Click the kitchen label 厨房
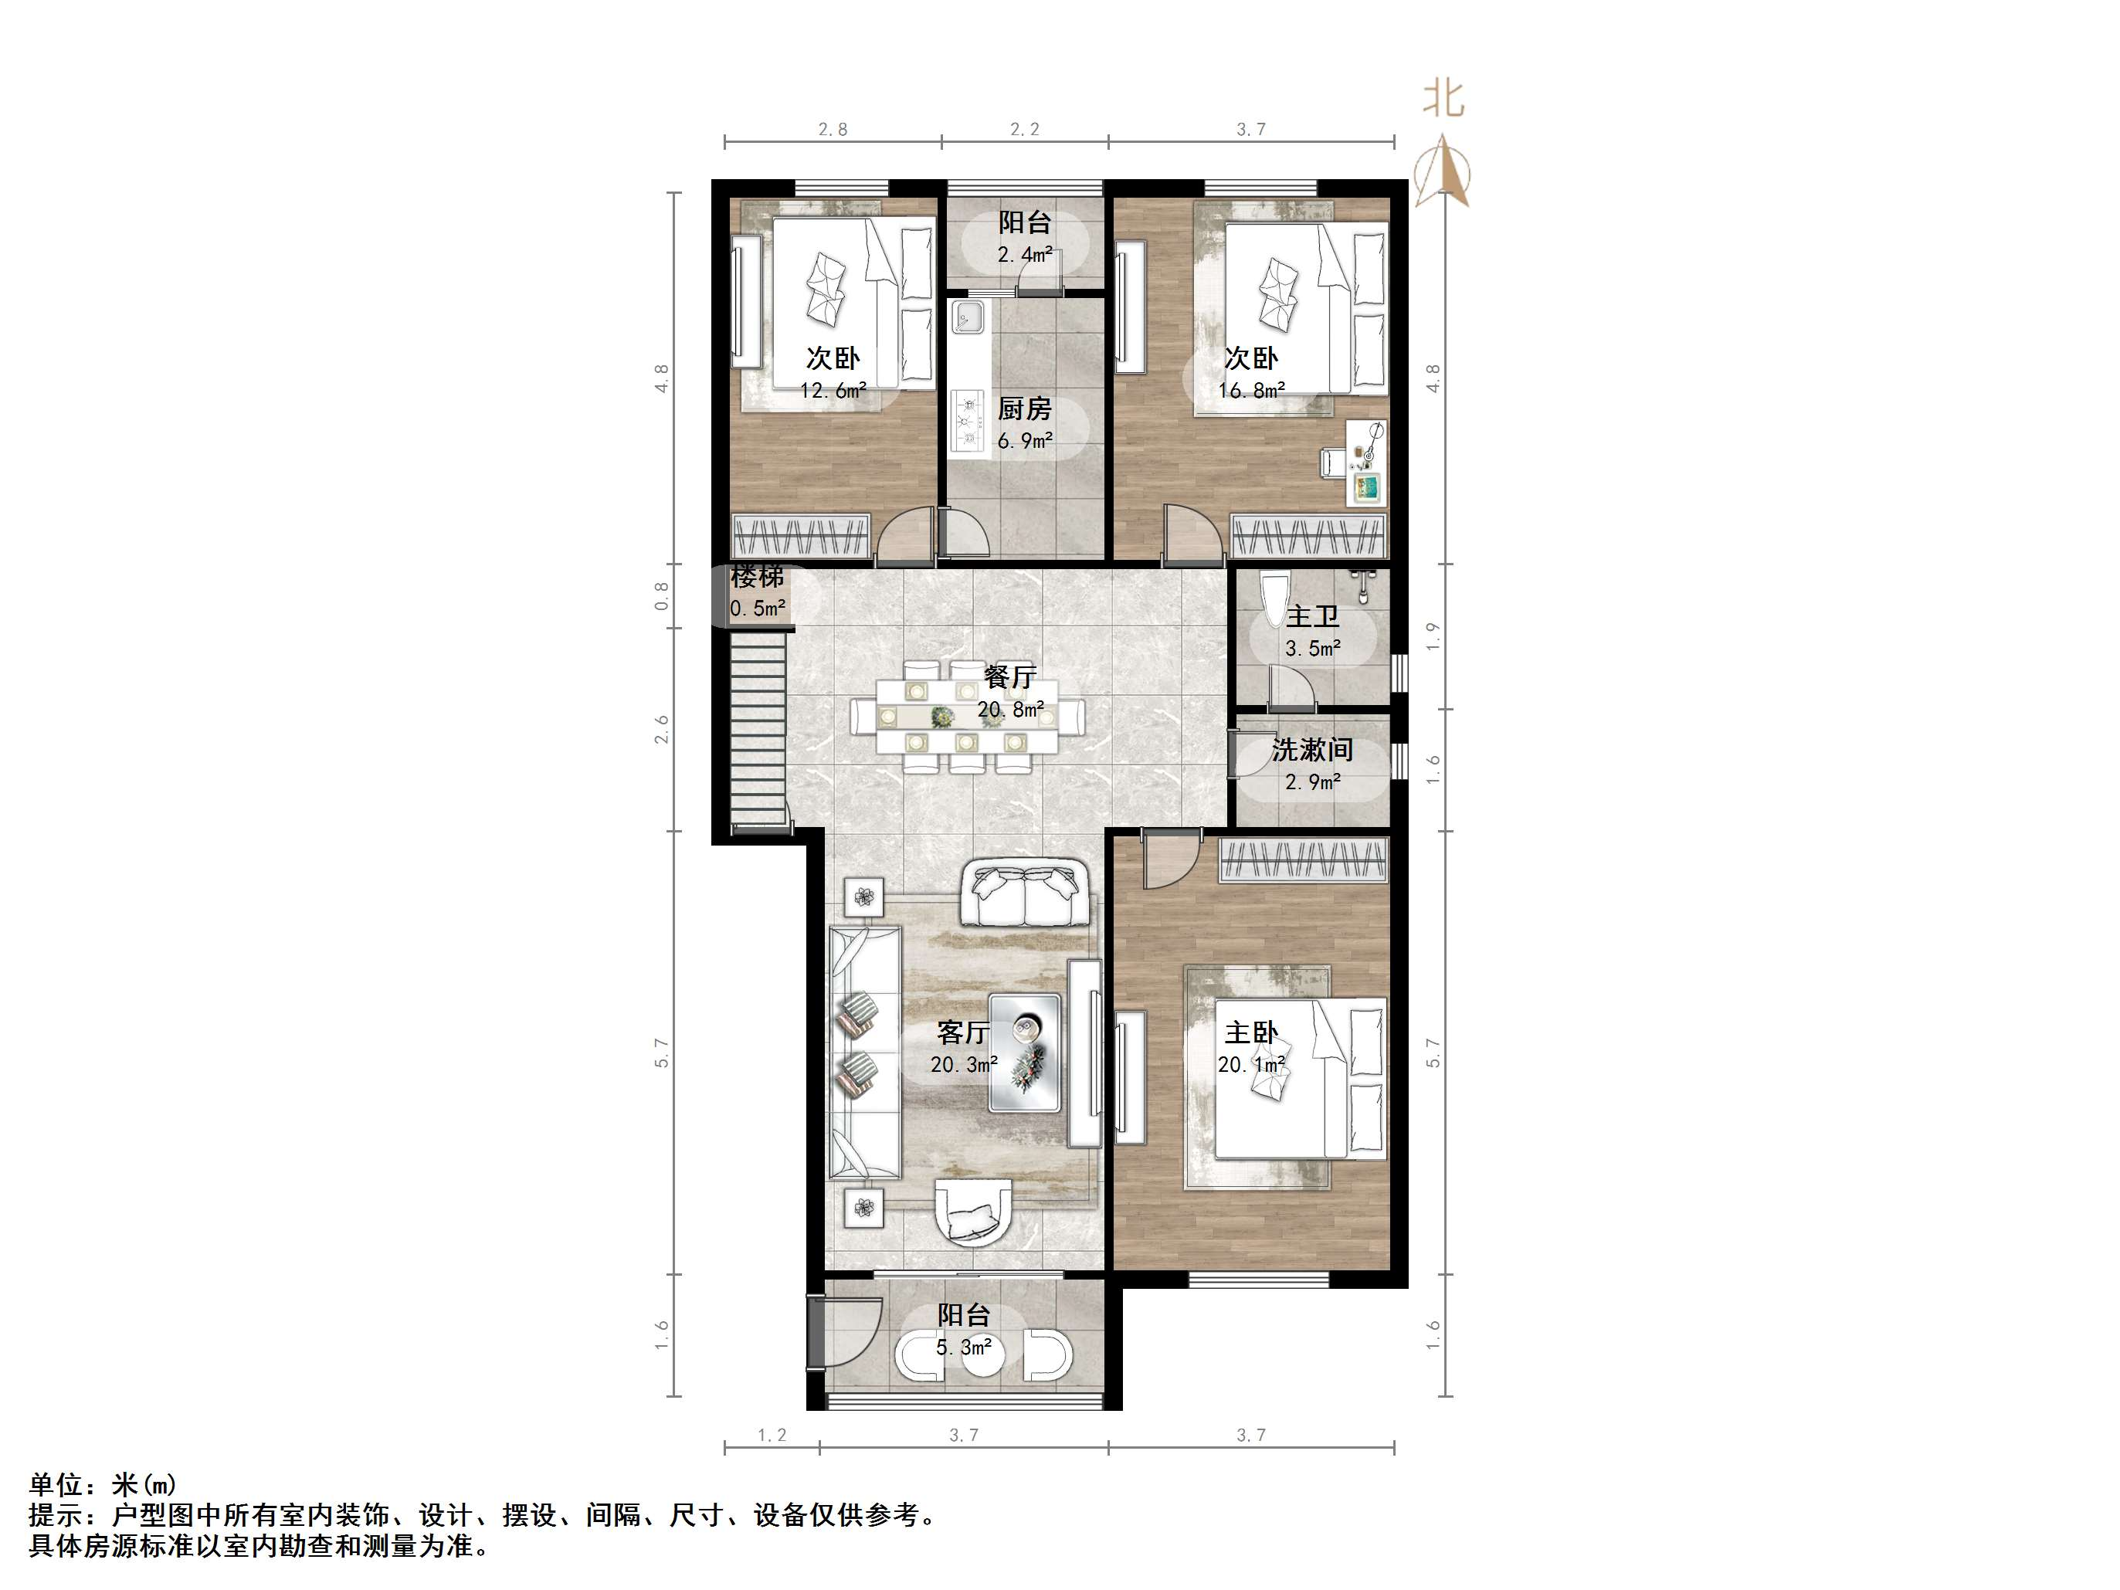[1025, 409]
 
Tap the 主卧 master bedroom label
[1250, 1032]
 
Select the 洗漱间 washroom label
[1312, 750]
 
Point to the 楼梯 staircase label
[757, 577]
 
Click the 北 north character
[1443, 99]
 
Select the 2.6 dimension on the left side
[661, 729]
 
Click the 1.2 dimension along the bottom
[772, 1435]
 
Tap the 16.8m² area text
[1250, 390]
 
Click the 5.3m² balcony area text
[963, 1348]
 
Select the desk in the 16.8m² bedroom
[1365, 462]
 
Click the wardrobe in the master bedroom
[1302, 859]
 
